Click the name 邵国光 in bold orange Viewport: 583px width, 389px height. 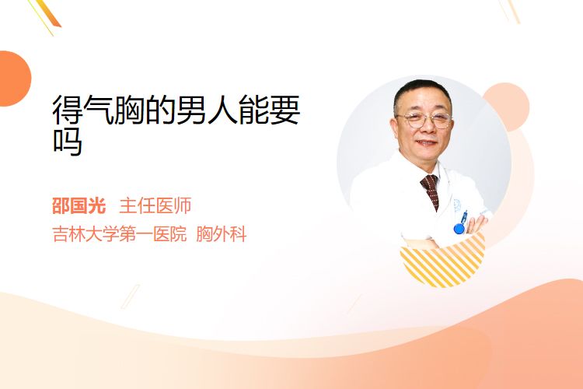(79, 206)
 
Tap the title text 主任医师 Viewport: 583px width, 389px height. (155, 206)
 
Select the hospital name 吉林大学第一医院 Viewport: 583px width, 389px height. (120, 234)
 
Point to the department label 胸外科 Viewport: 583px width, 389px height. (222, 234)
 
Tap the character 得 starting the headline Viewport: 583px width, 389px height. (68, 110)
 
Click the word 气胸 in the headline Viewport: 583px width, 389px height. (113, 110)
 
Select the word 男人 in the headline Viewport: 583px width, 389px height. (207, 110)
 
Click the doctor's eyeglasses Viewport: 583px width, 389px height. (424, 121)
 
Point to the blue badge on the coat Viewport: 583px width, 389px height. (459, 228)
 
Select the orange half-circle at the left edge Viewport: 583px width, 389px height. (14, 79)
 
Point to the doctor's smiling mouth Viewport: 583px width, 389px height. (426, 142)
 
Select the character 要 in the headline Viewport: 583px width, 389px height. (285, 110)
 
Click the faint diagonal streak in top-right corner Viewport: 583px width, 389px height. (511, 11)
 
